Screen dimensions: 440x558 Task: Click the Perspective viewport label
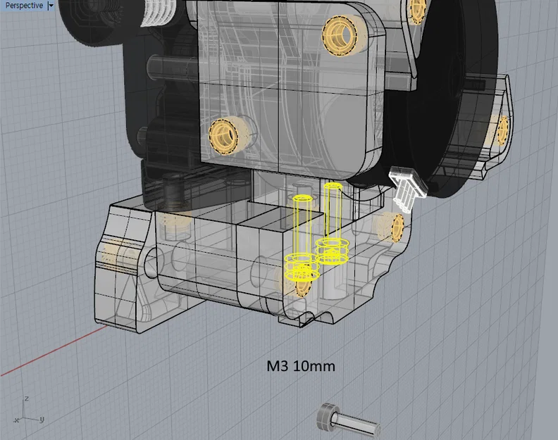[x=24, y=6]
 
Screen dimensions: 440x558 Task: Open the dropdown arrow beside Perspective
[x=51, y=6]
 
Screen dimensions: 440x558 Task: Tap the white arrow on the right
[x=407, y=187]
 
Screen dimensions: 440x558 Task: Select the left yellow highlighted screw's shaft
[x=302, y=225]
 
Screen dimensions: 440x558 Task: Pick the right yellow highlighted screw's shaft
[x=332, y=211]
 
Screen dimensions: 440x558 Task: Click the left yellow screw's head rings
[x=299, y=265]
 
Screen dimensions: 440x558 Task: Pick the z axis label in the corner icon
[x=27, y=398]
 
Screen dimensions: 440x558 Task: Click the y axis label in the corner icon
[x=42, y=419]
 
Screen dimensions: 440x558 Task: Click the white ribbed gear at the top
[x=156, y=12]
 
